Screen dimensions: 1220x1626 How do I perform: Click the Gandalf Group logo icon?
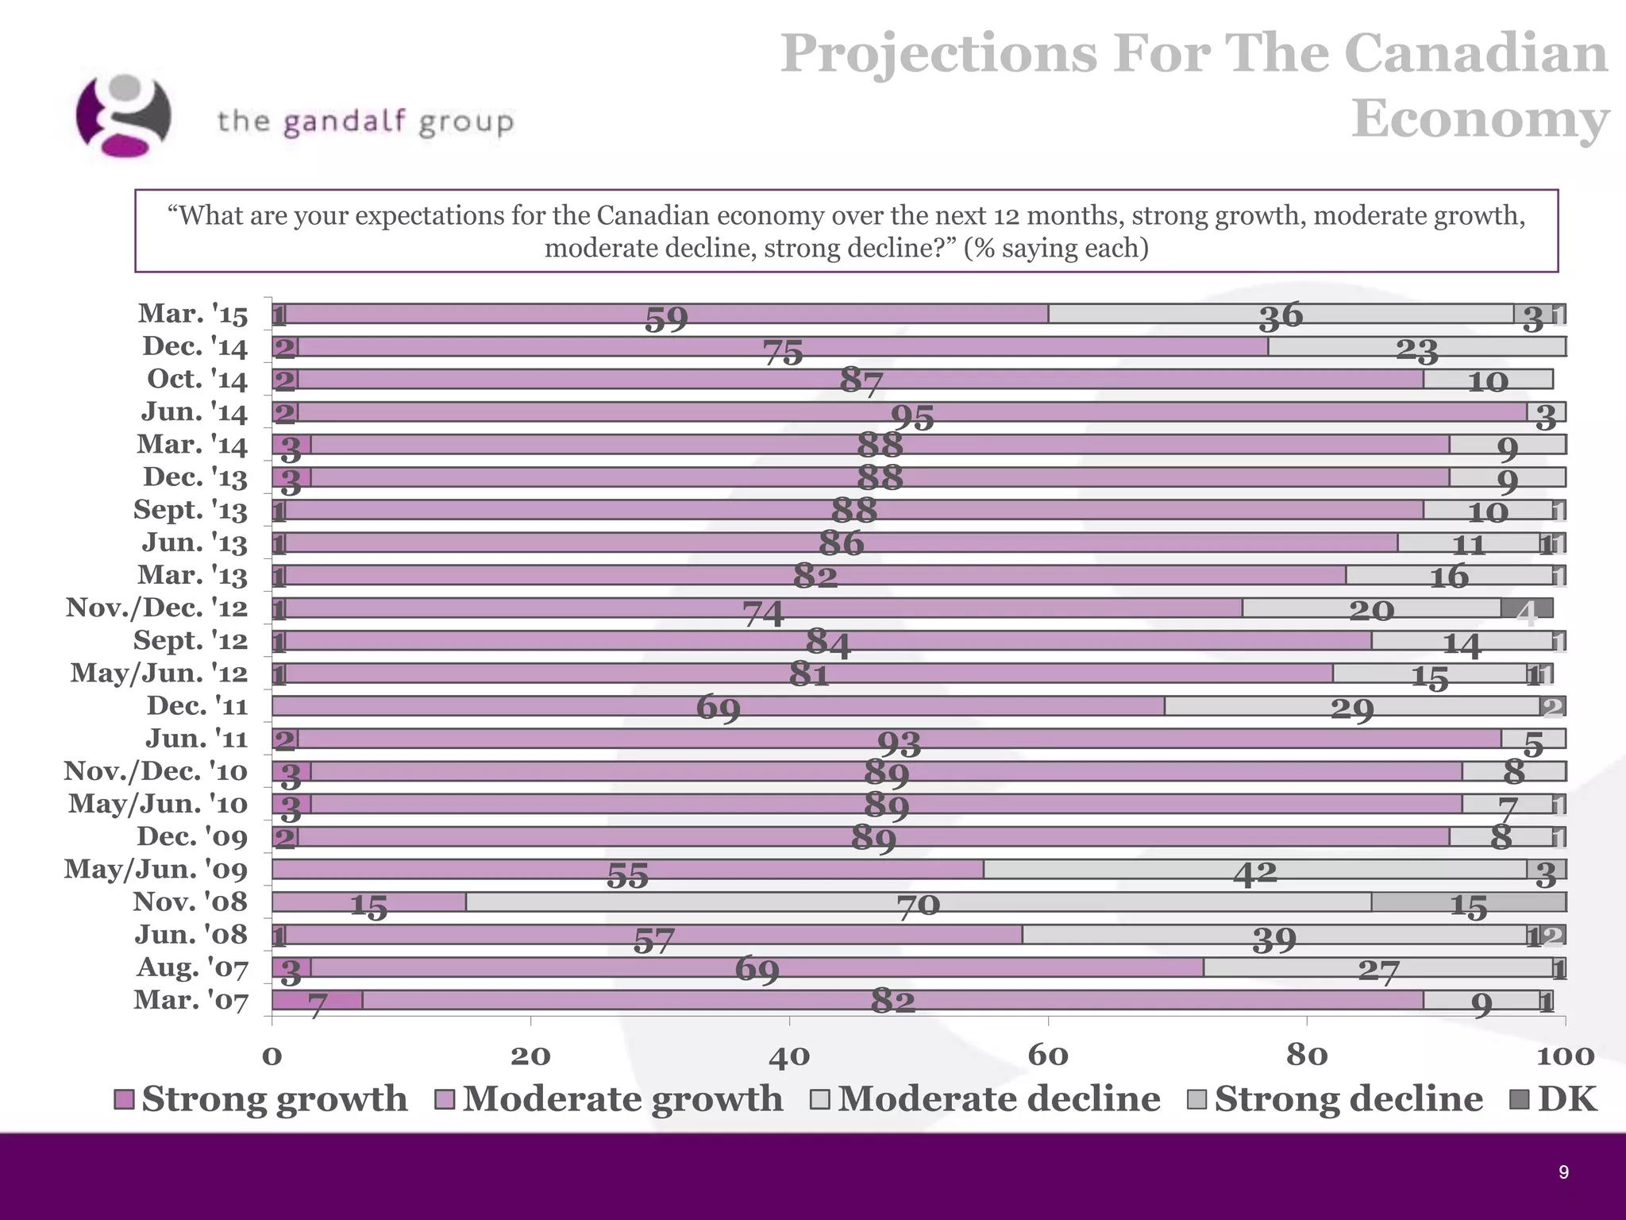[123, 115]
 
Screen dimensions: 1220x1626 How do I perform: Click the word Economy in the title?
[1479, 119]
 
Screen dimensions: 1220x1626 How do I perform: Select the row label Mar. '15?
[193, 315]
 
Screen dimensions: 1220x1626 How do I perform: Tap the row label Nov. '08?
[190, 902]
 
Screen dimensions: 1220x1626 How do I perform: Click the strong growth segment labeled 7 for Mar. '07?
[317, 1001]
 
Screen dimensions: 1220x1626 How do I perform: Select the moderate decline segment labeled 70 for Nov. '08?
[918, 903]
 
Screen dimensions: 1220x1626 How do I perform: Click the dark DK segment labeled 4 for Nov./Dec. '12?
[1526, 609]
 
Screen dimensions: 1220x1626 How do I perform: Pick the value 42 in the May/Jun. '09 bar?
[1254, 874]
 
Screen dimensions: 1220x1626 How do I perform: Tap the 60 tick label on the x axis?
[1047, 1056]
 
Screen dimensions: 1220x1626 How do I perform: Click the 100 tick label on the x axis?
[1565, 1056]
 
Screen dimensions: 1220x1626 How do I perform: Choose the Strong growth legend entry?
[261, 1099]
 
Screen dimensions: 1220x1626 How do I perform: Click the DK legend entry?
[1553, 1099]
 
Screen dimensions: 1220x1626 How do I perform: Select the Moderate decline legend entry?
[984, 1099]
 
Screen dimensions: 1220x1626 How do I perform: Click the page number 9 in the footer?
[1563, 1172]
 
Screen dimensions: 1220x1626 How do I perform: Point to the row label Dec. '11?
[197, 706]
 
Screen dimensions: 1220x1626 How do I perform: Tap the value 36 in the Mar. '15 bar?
[1280, 316]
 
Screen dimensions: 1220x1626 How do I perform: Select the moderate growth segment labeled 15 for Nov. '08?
[368, 905]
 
